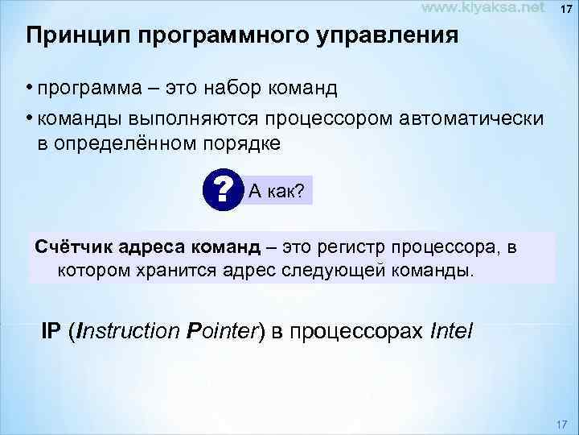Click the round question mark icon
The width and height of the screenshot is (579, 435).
[223, 190]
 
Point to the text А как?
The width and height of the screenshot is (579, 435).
[277, 191]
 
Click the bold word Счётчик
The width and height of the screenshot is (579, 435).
[70, 246]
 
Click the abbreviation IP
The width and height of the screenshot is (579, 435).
[51, 330]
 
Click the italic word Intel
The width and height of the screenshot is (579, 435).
[452, 330]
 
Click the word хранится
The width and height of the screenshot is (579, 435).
[166, 268]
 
